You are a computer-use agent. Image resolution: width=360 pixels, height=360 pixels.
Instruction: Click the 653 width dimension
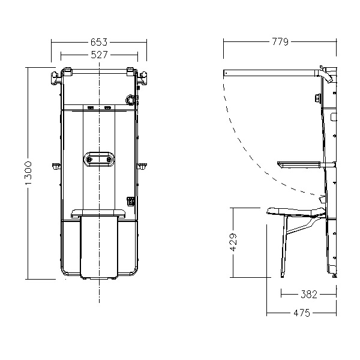(99, 42)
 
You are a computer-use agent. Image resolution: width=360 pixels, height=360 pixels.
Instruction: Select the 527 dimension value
(99, 55)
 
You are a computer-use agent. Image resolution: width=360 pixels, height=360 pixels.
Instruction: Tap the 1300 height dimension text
(28, 173)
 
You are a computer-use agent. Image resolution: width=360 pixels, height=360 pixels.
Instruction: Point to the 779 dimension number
(280, 42)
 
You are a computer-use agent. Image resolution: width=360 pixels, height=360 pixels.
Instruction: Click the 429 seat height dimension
(233, 242)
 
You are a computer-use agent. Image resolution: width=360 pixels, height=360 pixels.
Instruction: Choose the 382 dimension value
(309, 294)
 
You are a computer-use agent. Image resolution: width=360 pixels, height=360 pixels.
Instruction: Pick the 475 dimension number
(302, 313)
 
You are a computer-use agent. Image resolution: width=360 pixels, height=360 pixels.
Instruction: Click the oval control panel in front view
(99, 159)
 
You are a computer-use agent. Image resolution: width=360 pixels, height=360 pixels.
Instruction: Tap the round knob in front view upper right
(130, 100)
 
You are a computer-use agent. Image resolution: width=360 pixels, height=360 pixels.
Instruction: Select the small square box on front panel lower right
(131, 201)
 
